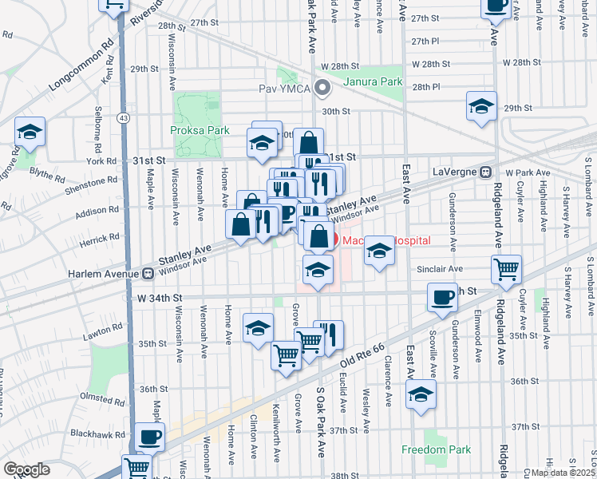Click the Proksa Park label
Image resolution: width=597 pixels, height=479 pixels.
(x=200, y=130)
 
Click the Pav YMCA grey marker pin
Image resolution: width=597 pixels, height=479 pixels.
(x=322, y=88)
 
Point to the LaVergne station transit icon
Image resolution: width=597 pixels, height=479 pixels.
(x=484, y=172)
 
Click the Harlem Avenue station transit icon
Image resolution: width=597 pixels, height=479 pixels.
(x=148, y=274)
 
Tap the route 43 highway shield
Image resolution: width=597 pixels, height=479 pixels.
(x=122, y=117)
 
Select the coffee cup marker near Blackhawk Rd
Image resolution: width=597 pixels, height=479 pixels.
(x=149, y=437)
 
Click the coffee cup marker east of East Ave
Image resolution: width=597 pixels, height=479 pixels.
(x=442, y=299)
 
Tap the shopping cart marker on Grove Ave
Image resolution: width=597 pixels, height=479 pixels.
(x=287, y=354)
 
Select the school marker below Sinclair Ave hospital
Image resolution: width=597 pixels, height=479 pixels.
(x=318, y=269)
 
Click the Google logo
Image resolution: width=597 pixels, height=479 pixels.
(x=26, y=469)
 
